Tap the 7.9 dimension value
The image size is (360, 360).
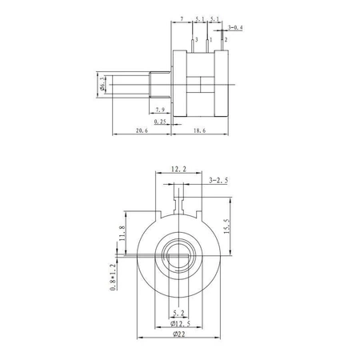click(159, 109)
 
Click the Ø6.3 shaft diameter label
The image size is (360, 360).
click(102, 83)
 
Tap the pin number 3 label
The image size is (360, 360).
click(195, 39)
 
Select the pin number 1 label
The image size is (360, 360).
click(210, 39)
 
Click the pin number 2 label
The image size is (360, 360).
click(225, 39)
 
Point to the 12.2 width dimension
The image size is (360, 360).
click(180, 170)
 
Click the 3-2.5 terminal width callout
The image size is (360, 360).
click(216, 181)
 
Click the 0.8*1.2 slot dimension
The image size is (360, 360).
click(113, 275)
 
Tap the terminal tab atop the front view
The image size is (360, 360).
click(180, 194)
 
